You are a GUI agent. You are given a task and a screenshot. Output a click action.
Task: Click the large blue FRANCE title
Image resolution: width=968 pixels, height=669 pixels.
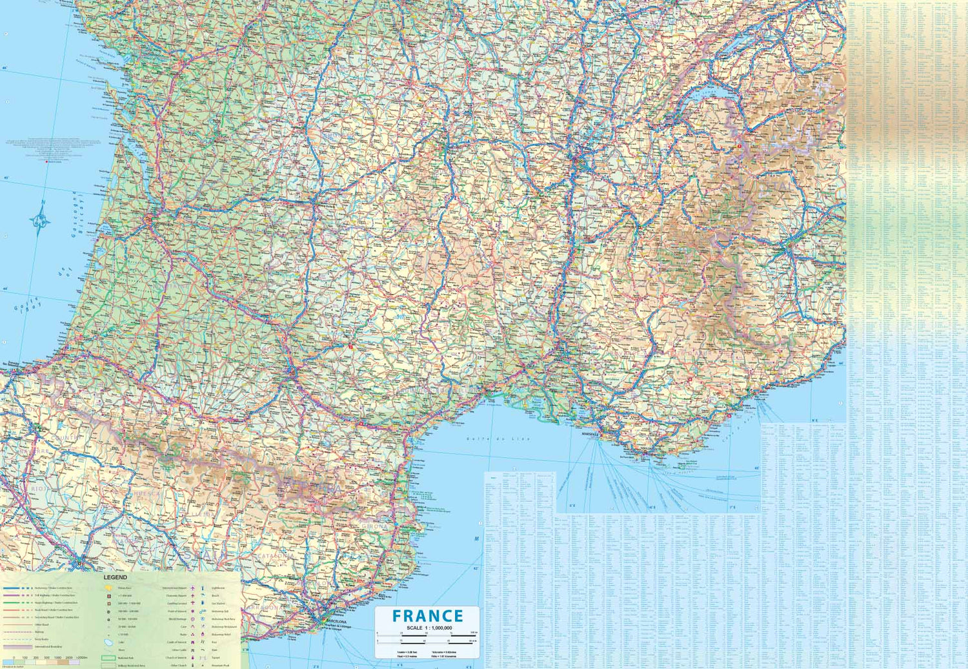(428, 616)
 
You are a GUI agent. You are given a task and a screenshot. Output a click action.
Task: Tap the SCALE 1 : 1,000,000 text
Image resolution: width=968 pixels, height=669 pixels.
(429, 628)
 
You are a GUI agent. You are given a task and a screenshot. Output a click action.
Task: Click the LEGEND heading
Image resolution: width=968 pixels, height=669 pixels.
(116, 577)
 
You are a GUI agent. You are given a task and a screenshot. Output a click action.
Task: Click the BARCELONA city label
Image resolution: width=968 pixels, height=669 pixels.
(336, 622)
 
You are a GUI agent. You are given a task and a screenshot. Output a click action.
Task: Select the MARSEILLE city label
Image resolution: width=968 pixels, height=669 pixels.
(590, 435)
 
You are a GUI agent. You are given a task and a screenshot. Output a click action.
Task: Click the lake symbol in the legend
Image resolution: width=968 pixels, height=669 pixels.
(109, 643)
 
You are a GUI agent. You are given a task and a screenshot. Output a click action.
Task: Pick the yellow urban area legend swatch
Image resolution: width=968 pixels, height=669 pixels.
(109, 588)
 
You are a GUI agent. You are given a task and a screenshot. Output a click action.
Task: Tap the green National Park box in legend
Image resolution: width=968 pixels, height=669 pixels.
(108, 658)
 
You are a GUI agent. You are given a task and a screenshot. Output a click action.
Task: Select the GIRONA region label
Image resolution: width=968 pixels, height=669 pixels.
(375, 526)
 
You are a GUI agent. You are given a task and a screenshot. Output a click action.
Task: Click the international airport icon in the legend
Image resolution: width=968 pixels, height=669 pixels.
(192, 588)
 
